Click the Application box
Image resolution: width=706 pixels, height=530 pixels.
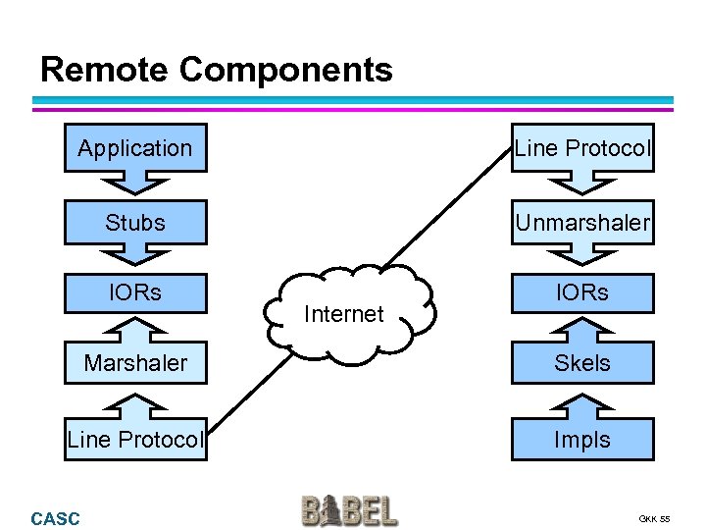[x=135, y=148]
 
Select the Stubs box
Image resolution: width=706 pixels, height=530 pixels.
[x=135, y=223]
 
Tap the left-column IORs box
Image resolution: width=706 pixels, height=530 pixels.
[x=135, y=292]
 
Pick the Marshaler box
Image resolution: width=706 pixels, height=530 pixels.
[x=135, y=363]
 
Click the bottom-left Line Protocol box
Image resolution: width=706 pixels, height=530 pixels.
[x=135, y=440]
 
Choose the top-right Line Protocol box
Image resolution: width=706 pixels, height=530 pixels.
[x=582, y=148]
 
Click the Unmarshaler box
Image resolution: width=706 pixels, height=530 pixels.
[x=582, y=223]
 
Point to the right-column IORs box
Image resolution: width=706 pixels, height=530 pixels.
[x=582, y=292]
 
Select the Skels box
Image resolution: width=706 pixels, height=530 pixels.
[x=582, y=363]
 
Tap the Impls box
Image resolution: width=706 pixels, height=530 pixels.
[x=582, y=440]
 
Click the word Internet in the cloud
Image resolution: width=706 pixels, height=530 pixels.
[x=343, y=314]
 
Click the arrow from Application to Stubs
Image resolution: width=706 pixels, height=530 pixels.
[x=135, y=185]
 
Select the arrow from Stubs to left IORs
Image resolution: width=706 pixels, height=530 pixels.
[x=135, y=257]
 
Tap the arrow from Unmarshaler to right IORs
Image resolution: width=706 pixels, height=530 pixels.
[x=582, y=257]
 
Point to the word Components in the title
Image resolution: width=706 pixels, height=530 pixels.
[x=286, y=70]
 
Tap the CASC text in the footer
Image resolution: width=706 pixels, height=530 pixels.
[x=56, y=518]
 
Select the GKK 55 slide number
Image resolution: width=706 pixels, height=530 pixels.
[x=653, y=518]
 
